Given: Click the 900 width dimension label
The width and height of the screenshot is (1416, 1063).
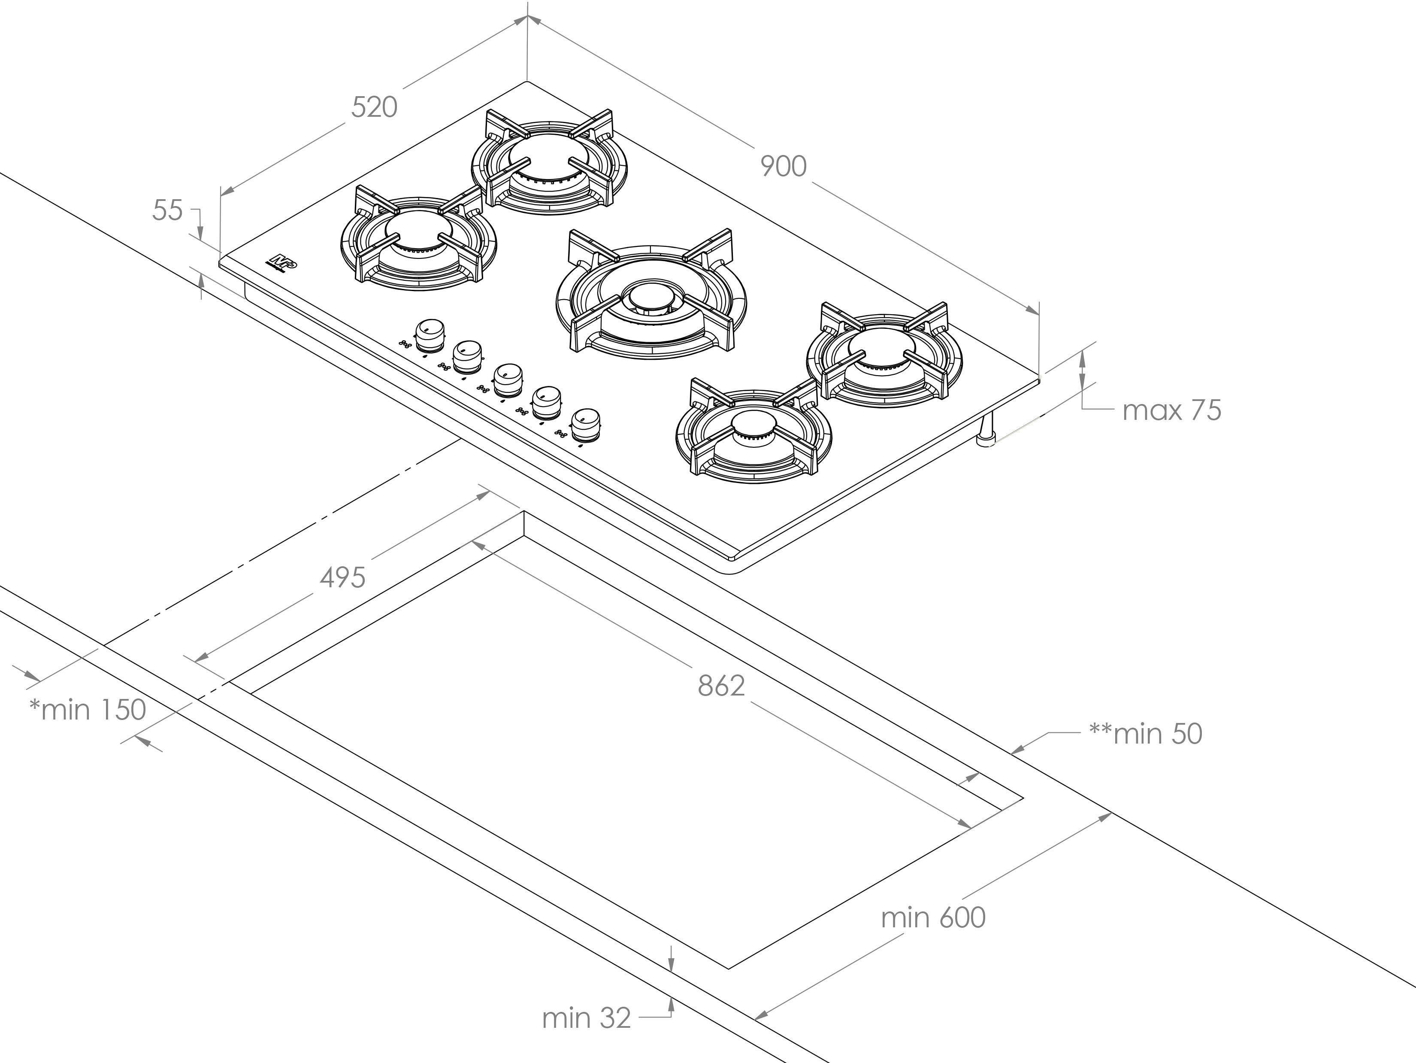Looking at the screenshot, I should click(x=784, y=167).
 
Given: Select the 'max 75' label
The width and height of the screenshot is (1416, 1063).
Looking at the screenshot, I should click(x=1171, y=410).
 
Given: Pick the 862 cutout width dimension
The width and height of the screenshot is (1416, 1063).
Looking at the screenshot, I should click(x=721, y=686).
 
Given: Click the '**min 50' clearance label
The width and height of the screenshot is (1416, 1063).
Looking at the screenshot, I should click(x=1145, y=734).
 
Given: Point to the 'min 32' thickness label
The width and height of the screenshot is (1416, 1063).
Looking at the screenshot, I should click(x=586, y=1019).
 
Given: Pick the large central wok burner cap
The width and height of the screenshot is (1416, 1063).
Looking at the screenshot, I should click(x=651, y=297).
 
